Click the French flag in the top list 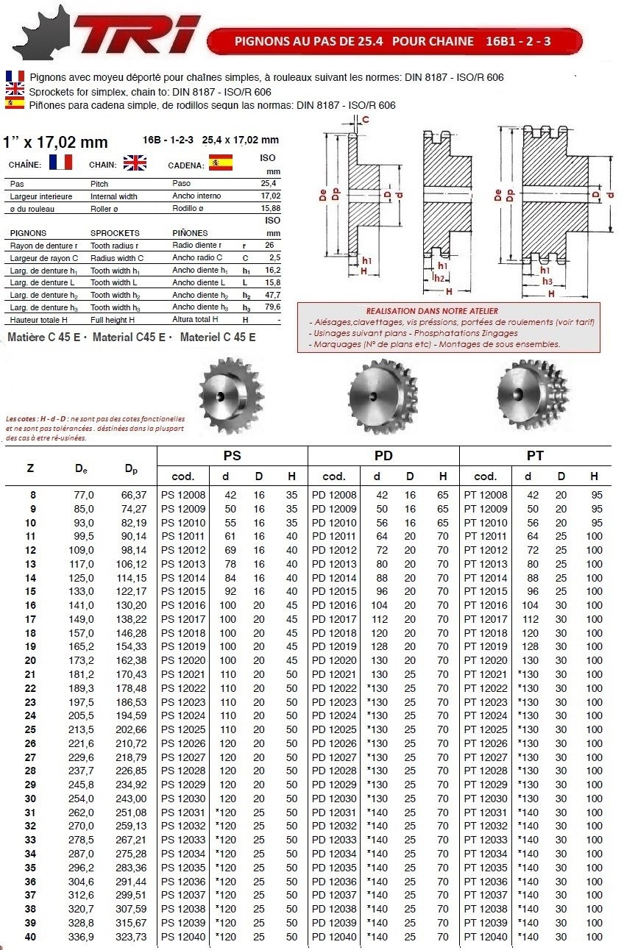click(15, 77)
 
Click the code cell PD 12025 click(335, 729)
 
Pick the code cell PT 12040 click(486, 937)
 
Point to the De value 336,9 click(81, 937)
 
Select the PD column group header click(383, 456)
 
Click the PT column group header click(535, 456)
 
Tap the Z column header click(29, 468)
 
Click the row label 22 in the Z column click(30, 688)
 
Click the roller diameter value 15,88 click(270, 209)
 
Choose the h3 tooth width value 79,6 click(272, 307)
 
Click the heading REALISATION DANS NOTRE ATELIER click(432, 311)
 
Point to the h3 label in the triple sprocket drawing click(547, 281)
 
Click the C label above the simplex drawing click(366, 119)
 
